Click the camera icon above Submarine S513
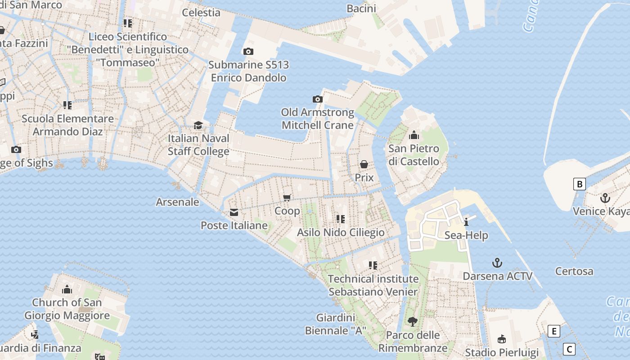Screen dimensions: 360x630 pos(248,52)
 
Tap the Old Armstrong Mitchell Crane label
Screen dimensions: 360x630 pos(318,119)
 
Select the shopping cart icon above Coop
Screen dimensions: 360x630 pos(287,198)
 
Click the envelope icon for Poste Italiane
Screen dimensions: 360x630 pos(234,212)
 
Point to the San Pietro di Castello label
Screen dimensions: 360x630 pos(414,155)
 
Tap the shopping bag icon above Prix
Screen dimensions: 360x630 pos(364,164)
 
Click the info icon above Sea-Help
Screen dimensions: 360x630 pos(466,222)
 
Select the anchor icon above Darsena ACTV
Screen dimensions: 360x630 pos(497,263)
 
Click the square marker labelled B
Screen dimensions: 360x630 pos(580,184)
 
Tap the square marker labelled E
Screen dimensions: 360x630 pos(554,332)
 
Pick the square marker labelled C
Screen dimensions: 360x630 pos(569,349)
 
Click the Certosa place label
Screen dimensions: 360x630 pos(574,271)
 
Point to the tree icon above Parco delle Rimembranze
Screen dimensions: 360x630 pos(412,322)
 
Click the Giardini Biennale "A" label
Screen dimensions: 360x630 pos(336,324)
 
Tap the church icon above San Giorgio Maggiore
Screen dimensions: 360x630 pos(67,289)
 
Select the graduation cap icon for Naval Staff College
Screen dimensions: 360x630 pos(198,125)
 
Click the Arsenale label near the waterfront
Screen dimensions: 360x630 pos(177,202)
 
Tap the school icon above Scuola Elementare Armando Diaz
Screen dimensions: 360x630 pos(67,105)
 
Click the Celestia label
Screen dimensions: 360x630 pos(201,13)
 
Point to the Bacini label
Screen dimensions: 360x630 pos(361,9)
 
